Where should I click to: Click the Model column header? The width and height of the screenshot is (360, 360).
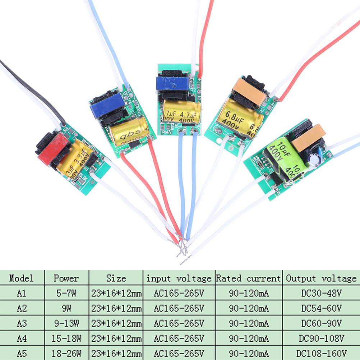[x=22, y=278]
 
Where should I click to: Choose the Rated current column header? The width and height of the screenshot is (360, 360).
[x=248, y=278]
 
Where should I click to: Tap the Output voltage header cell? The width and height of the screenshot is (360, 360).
[x=321, y=278]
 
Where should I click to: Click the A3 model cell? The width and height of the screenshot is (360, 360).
[x=22, y=323]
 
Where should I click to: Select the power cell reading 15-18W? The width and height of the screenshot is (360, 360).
[x=66, y=338]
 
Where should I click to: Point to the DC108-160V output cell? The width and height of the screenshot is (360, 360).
[x=321, y=353]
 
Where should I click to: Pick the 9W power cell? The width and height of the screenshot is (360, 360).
[x=66, y=308]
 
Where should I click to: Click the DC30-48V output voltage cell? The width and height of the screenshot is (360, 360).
[x=321, y=294]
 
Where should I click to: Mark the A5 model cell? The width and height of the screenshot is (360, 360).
[x=22, y=353]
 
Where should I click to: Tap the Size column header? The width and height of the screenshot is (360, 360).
[x=116, y=278]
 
